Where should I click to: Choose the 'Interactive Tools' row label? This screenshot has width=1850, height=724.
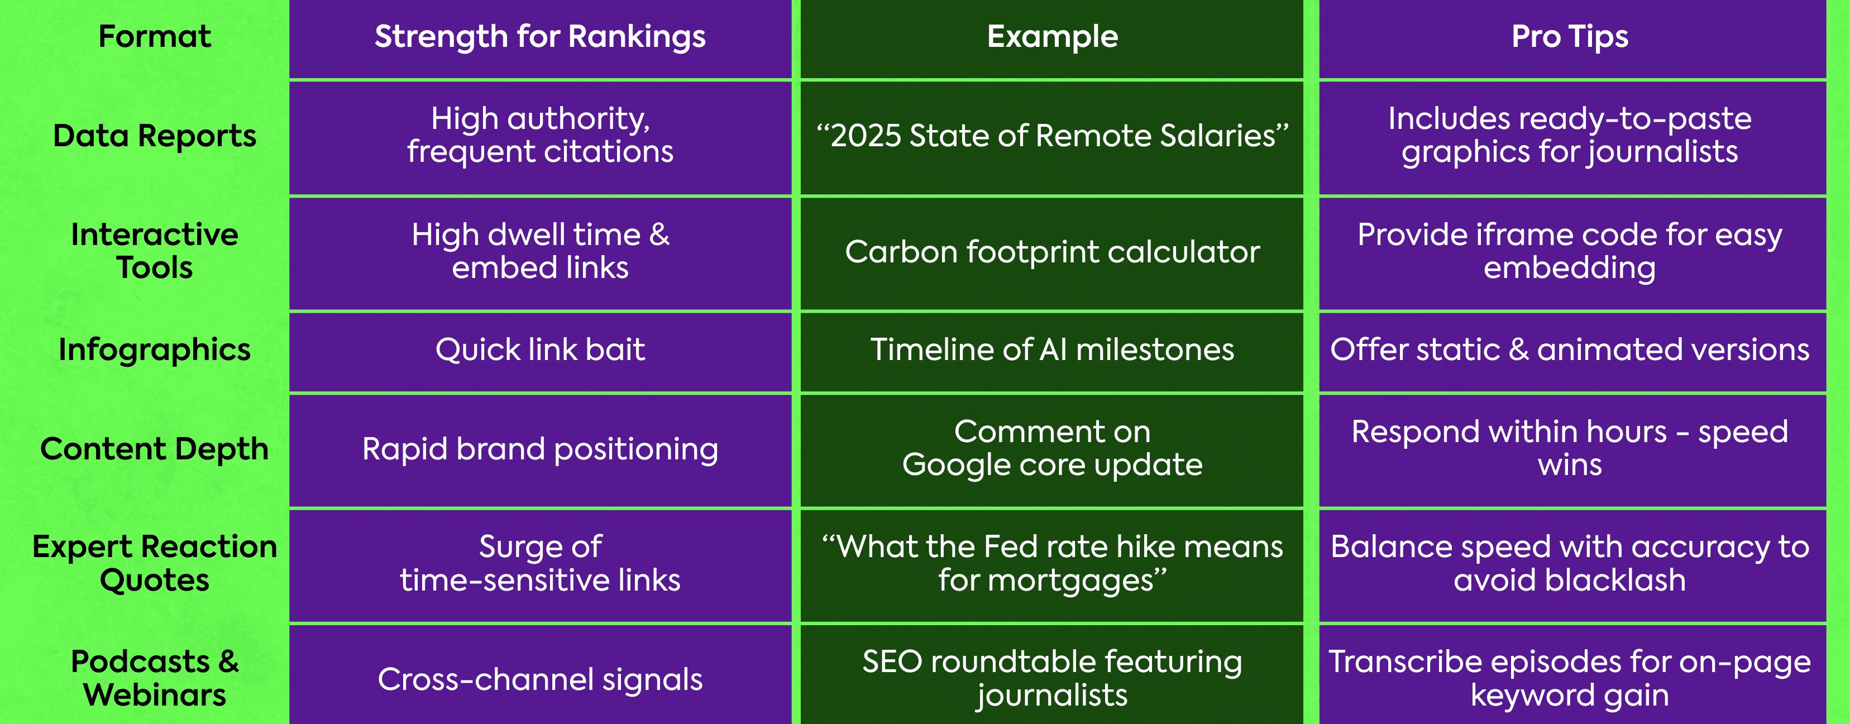point(155,251)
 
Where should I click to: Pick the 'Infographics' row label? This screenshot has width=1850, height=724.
point(155,351)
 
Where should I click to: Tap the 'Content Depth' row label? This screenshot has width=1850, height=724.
point(155,449)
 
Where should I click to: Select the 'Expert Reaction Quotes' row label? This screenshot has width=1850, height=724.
point(155,564)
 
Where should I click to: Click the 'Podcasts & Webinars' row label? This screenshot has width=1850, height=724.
point(155,678)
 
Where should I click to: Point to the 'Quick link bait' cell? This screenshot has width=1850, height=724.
point(540,351)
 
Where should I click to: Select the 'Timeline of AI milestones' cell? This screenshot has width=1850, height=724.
point(1052,350)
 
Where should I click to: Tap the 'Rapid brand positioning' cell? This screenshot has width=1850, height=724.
point(540,449)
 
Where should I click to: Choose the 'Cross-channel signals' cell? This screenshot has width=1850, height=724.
point(540,679)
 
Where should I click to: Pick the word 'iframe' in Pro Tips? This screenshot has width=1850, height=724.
point(1524,235)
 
